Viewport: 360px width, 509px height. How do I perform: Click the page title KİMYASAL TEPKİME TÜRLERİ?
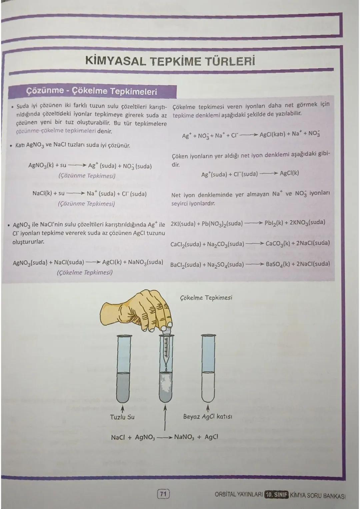point(170,61)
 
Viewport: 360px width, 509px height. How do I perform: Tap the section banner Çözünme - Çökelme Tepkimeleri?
point(92,91)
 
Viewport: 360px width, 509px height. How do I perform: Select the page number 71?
point(163,493)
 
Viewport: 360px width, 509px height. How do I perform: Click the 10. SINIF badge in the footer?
point(276,494)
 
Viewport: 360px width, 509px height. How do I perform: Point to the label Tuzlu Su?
point(122,417)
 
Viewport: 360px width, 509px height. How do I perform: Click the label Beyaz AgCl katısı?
point(208,416)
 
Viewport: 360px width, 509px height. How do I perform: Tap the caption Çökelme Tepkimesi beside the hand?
point(206,297)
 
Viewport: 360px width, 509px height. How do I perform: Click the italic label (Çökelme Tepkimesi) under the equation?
point(85,272)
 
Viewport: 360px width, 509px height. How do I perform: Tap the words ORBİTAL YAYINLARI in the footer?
point(238,494)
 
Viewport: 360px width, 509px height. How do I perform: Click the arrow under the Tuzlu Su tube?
point(122,409)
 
